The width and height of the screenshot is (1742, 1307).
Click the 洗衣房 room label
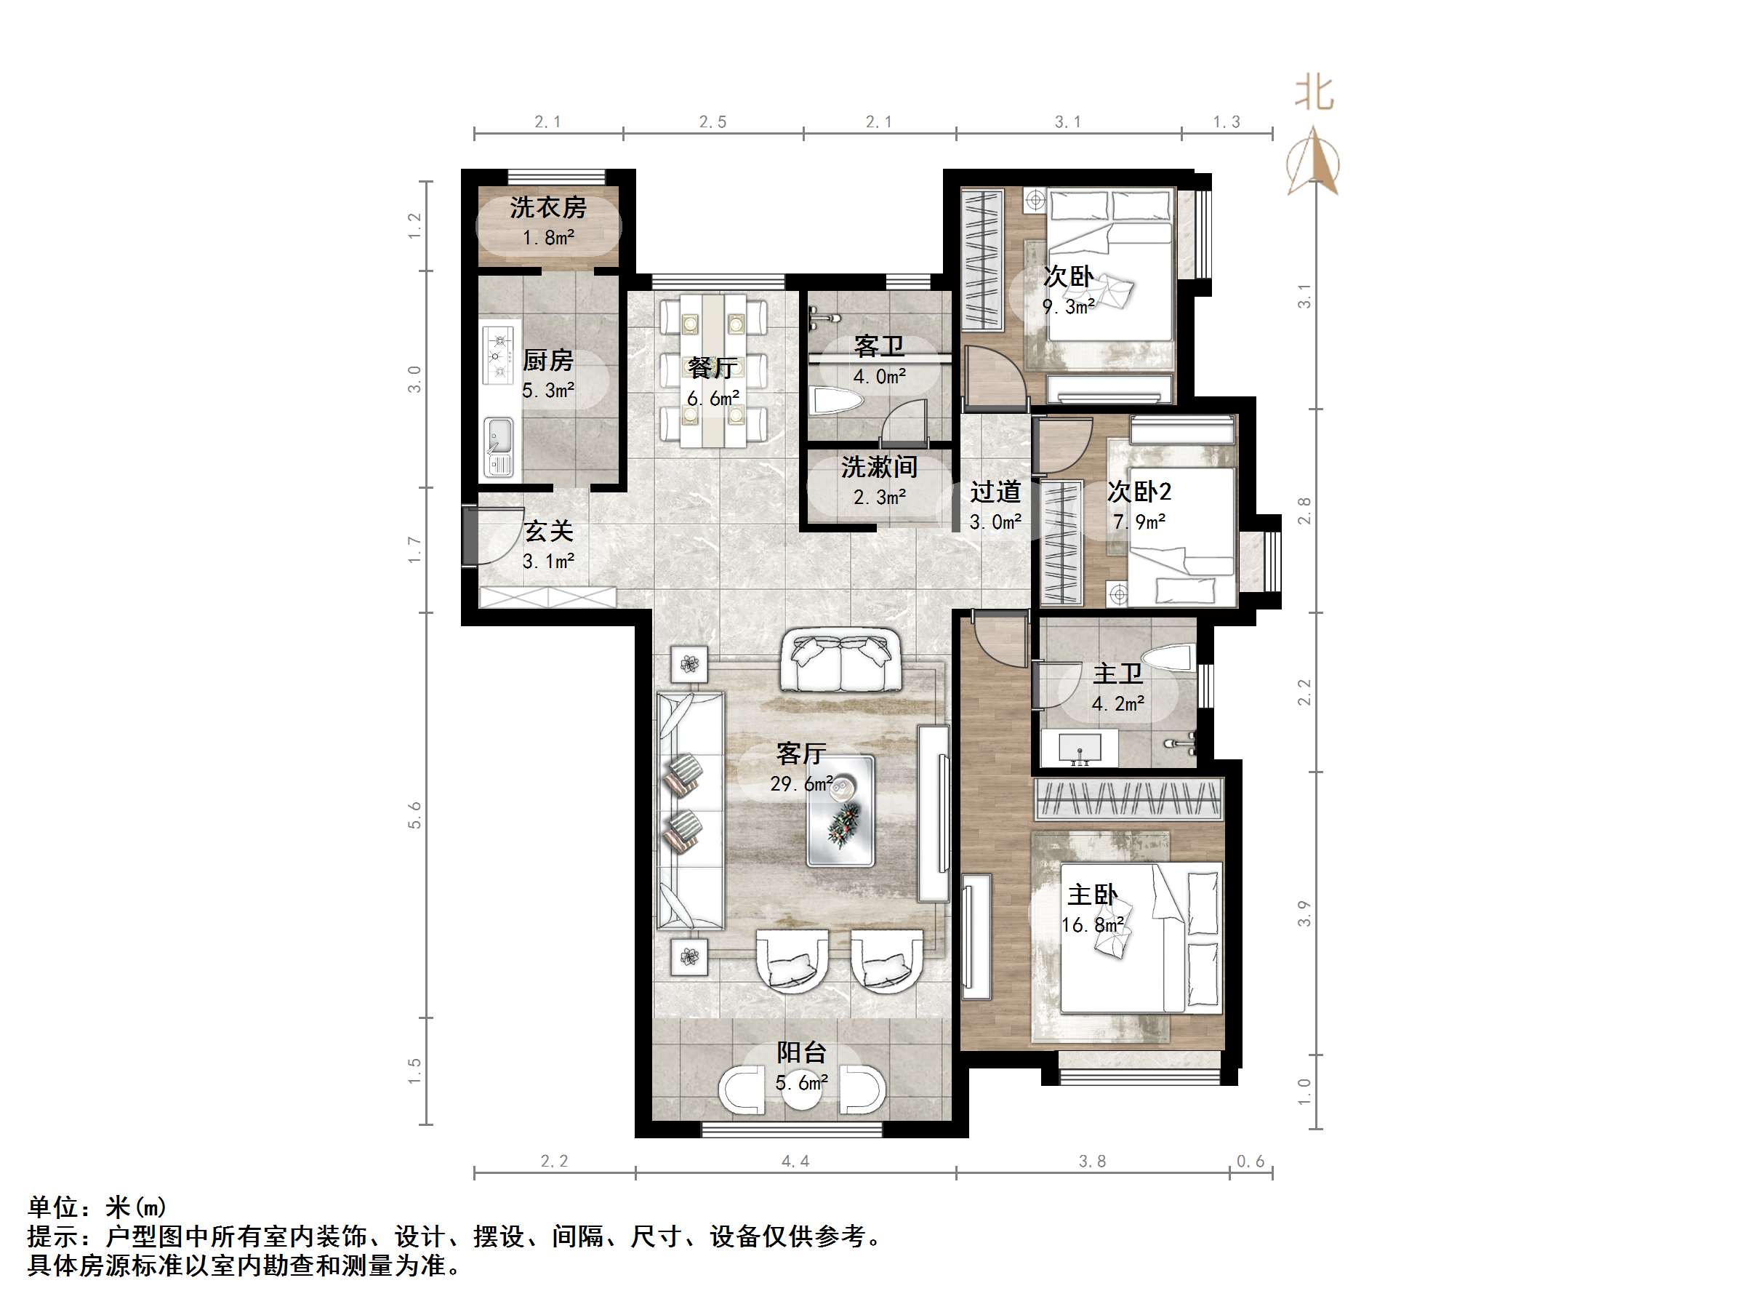click(x=547, y=208)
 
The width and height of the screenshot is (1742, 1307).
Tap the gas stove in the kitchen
click(x=499, y=356)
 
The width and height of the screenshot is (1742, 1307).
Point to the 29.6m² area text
click(x=801, y=784)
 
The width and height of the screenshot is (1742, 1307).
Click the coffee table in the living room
click(x=840, y=811)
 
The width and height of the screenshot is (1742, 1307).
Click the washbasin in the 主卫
click(x=1079, y=747)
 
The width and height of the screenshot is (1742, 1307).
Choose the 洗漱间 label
click(x=879, y=467)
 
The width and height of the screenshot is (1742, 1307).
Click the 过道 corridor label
click(x=995, y=492)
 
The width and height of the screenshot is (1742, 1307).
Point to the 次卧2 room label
click(x=1139, y=492)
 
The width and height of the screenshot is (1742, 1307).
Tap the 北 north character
click(x=1314, y=94)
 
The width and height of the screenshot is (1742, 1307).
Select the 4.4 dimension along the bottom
click(x=795, y=1162)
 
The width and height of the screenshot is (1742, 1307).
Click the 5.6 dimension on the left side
click(x=415, y=815)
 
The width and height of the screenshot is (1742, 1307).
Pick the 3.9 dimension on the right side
click(x=1304, y=913)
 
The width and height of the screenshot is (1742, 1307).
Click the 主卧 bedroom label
click(x=1091, y=895)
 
